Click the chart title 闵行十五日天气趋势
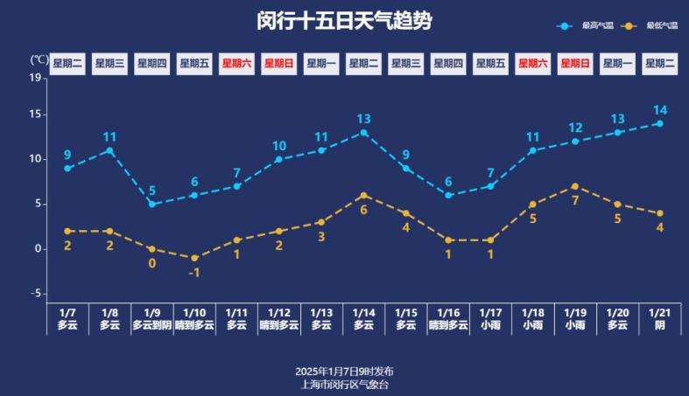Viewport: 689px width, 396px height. coord(344,21)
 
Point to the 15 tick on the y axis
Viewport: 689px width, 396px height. coord(36,115)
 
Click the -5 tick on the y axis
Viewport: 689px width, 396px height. coord(36,294)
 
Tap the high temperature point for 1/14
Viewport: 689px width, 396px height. coord(363,133)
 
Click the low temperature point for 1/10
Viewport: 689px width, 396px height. coord(194,258)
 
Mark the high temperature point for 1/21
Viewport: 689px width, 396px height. coord(659,123)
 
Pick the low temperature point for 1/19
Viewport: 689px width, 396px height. coord(574,186)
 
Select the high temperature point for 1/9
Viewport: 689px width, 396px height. coord(151,204)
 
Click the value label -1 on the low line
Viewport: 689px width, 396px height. coord(194,272)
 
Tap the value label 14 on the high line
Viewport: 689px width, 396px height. coord(659,110)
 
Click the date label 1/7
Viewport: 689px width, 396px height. coord(67,312)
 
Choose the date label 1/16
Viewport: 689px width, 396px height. coord(448,312)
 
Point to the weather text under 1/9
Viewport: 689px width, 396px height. coord(152,325)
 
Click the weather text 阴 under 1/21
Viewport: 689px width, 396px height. coord(659,325)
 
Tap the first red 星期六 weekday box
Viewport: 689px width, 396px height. coord(236,63)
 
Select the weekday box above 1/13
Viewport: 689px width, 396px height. coord(321,63)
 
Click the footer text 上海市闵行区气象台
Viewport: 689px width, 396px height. coord(344,384)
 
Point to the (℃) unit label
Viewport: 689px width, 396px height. coord(39,60)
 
